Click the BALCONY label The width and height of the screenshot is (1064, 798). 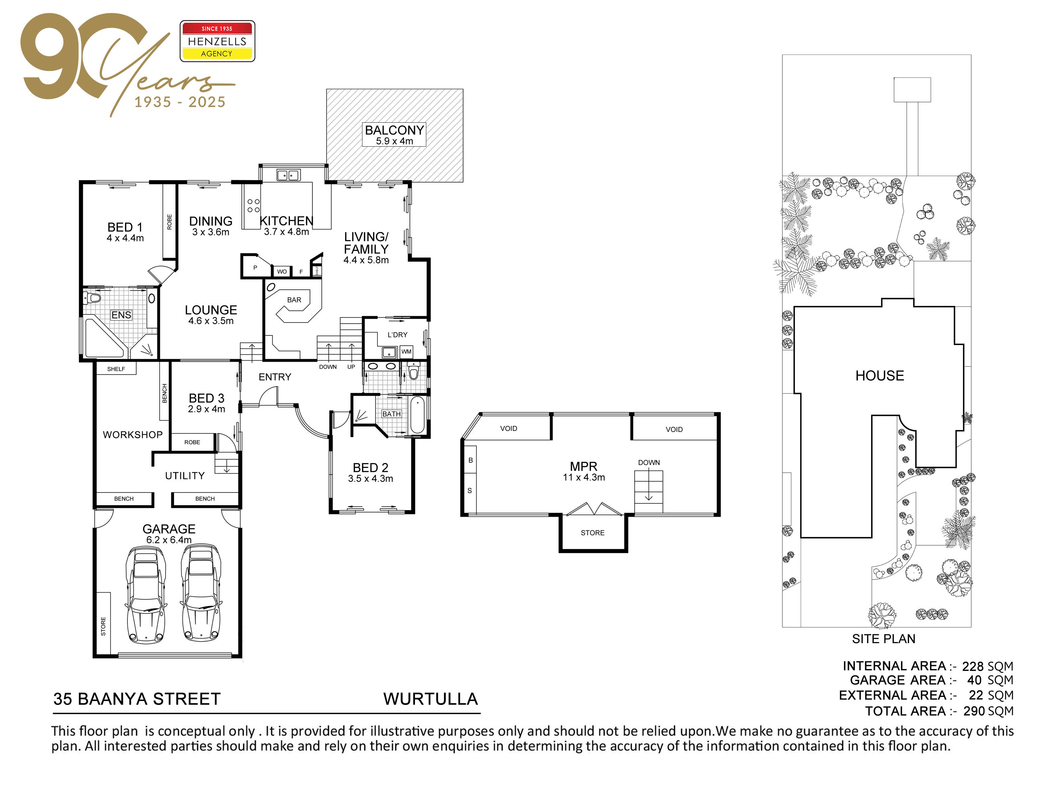394,130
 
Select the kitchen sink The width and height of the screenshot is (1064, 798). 288,175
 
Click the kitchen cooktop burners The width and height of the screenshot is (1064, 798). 253,206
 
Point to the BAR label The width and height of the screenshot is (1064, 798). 294,300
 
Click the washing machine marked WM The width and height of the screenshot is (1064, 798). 406,352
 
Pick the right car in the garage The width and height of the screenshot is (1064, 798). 201,595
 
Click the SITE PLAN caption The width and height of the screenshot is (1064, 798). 884,639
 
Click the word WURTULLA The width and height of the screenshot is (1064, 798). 431,699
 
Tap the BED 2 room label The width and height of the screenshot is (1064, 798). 370,467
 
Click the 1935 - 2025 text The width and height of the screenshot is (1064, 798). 180,102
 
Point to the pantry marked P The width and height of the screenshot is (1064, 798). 255,267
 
